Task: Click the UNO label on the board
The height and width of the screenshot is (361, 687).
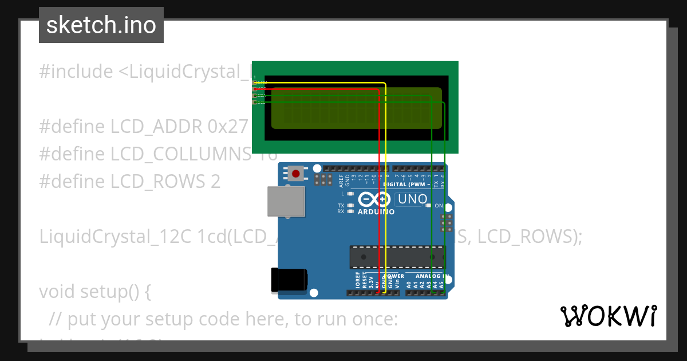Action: point(412,199)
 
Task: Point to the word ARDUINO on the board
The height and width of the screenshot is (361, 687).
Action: point(376,212)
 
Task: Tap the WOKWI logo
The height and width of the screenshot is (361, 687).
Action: point(608,316)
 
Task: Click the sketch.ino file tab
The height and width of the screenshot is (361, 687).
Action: point(101,25)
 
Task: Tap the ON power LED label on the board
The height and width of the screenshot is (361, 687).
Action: point(439,205)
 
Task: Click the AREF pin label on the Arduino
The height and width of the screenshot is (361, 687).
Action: point(341,181)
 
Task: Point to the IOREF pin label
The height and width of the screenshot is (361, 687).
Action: point(357,281)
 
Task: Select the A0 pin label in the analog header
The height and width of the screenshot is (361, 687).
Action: point(409,284)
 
